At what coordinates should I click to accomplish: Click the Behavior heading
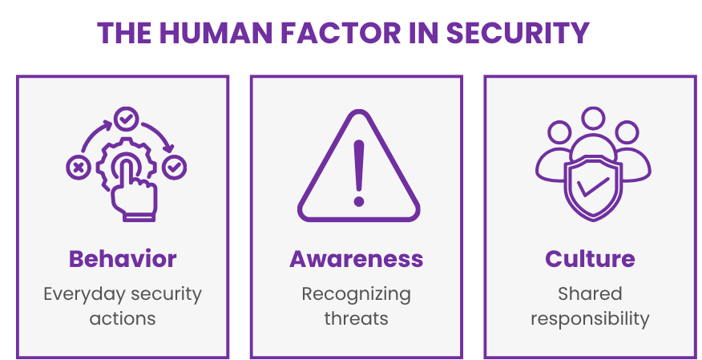tap(123, 259)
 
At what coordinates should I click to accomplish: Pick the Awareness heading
tap(357, 259)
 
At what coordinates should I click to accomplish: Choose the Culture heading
tap(590, 259)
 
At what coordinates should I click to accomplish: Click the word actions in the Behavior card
tap(123, 318)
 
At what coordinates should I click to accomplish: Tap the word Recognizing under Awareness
tap(357, 294)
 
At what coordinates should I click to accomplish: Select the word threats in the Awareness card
tap(357, 318)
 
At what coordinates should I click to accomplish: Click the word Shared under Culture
tap(590, 293)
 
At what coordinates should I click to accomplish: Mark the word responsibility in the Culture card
tap(590, 318)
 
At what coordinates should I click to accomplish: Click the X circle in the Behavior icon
tap(78, 168)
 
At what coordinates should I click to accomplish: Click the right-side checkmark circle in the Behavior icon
tap(174, 168)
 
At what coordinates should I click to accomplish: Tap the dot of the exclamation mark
tap(358, 199)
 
